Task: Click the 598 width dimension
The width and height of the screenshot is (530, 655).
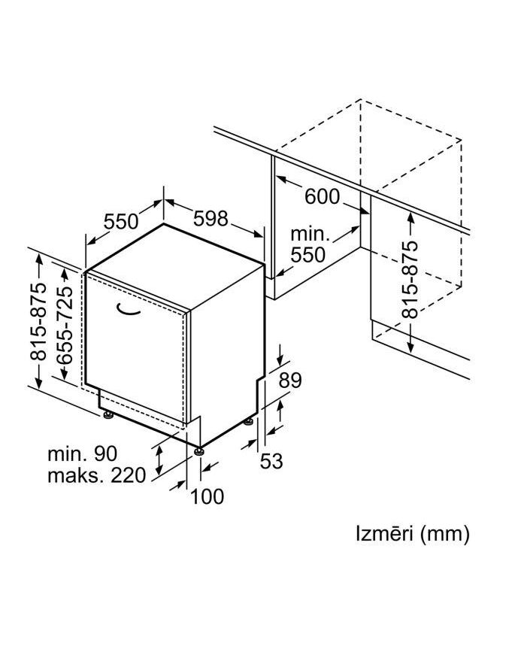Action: tap(210, 218)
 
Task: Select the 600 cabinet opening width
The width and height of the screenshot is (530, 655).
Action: tap(322, 197)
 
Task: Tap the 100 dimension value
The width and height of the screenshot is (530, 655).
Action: tap(207, 496)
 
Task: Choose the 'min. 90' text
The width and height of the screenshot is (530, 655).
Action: tap(83, 454)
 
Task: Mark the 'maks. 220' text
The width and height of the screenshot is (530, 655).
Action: tap(96, 476)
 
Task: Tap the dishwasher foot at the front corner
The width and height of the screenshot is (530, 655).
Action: tap(198, 451)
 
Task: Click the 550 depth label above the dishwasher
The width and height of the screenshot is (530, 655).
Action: tap(121, 221)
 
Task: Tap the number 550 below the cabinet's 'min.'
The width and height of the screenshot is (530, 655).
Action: tap(308, 255)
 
